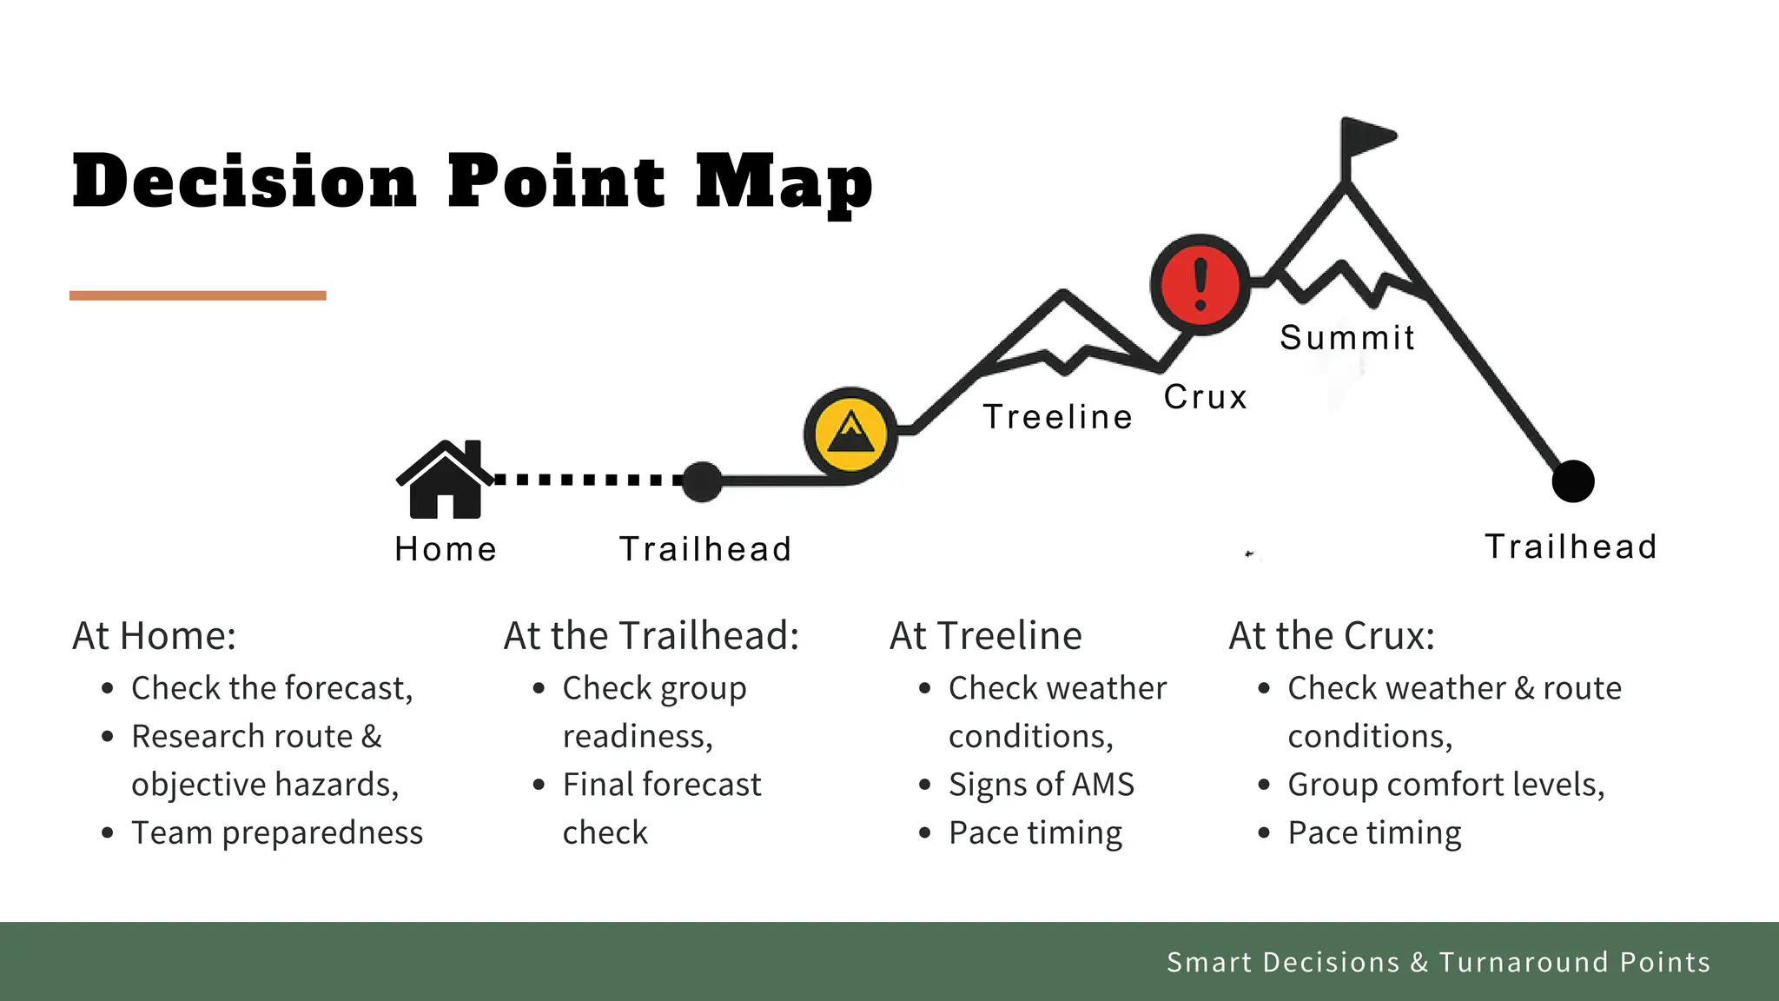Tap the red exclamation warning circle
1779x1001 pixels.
coord(1200,284)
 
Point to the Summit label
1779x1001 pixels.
coord(1347,337)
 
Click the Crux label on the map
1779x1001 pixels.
coord(1206,397)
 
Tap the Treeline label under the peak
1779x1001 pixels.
coord(1058,417)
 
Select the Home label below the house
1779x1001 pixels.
coord(446,549)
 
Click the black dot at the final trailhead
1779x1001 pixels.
coord(1573,481)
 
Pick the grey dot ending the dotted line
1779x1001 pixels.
coord(702,481)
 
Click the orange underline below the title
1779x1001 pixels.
coord(198,295)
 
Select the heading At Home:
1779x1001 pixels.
coord(155,636)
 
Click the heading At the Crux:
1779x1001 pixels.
coord(1332,636)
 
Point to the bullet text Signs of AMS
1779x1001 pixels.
coord(1042,785)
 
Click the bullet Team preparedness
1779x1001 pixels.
coord(277,832)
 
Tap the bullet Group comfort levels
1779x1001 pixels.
coord(1445,785)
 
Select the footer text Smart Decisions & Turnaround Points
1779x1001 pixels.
coord(1438,962)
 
